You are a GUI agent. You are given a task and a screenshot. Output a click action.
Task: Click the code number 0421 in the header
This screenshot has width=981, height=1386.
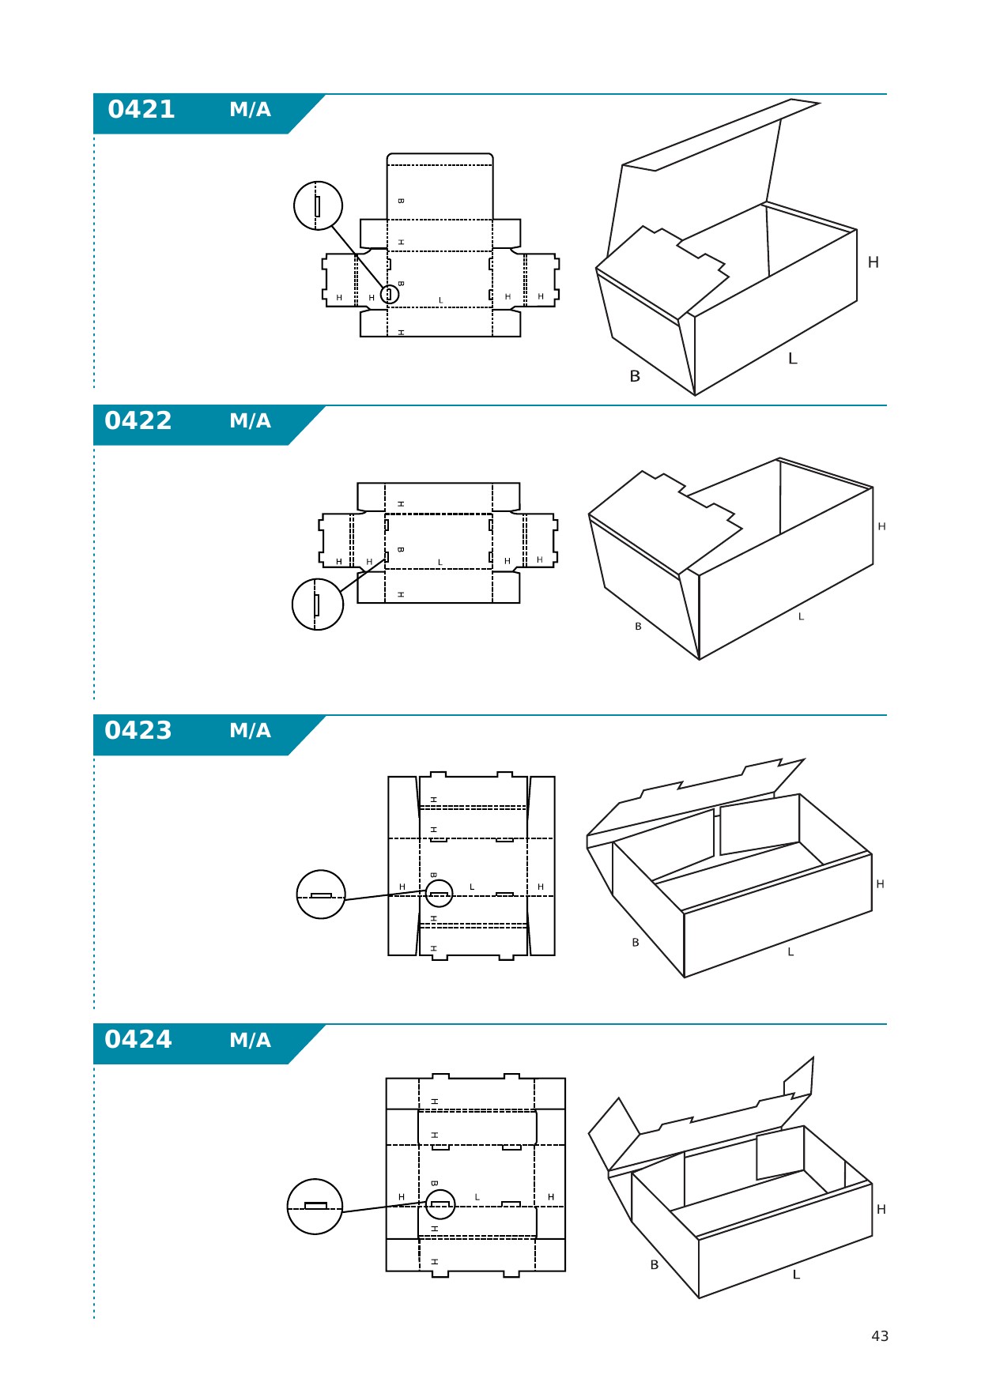point(141,110)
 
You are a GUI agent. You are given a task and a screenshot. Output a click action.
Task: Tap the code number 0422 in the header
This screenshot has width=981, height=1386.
point(138,421)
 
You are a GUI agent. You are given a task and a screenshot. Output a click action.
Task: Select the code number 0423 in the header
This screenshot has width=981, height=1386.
point(138,731)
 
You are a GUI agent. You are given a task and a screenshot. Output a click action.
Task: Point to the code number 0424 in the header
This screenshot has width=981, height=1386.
point(138,1040)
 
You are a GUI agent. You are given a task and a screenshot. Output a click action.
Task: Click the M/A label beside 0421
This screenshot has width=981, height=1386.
point(250,110)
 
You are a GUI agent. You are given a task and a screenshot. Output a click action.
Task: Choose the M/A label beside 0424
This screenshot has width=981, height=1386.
point(250,1041)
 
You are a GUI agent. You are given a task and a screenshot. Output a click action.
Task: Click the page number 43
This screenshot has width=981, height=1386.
point(880,1336)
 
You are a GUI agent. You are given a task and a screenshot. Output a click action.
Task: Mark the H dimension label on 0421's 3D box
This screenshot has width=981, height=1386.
point(873,262)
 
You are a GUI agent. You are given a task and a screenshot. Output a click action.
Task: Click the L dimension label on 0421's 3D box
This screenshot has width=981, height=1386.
point(793,359)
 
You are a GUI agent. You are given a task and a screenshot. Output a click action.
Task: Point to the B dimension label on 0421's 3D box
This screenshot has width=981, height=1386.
point(635,377)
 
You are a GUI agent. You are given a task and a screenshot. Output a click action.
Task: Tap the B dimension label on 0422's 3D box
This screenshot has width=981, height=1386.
point(638,627)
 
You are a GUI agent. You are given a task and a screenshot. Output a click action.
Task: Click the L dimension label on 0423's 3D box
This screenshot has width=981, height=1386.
point(790,952)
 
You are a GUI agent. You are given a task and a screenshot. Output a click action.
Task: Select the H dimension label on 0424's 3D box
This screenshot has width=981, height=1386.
point(881,1210)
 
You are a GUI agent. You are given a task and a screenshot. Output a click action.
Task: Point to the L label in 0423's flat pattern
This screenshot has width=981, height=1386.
point(472,887)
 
